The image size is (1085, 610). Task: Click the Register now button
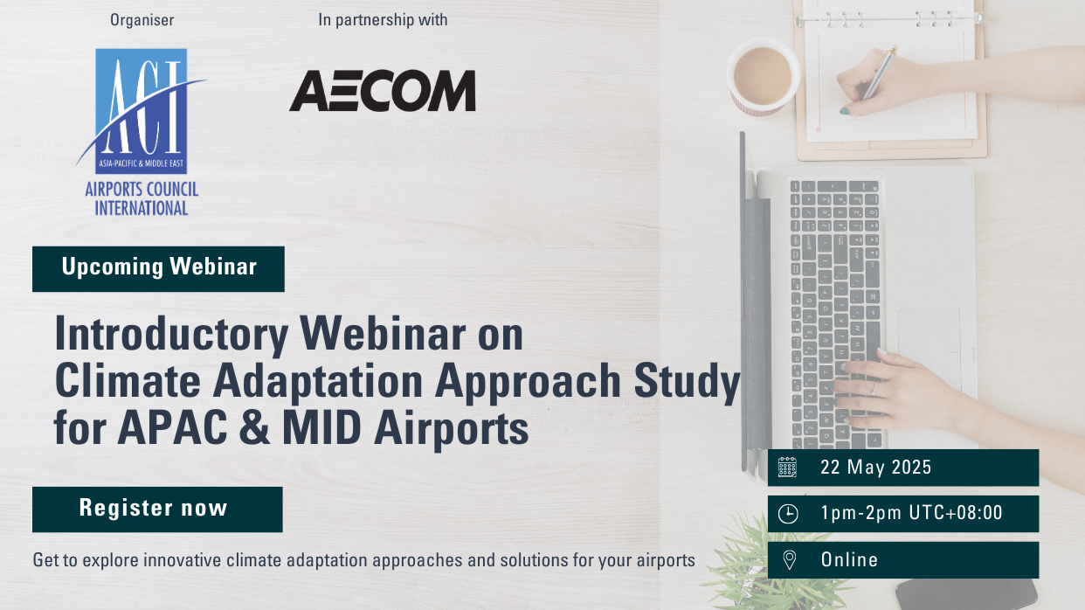click(x=157, y=509)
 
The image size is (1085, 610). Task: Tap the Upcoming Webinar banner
click(x=158, y=269)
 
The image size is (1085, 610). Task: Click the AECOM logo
click(x=383, y=91)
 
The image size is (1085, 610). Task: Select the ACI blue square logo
click(x=141, y=111)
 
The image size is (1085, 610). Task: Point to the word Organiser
click(x=142, y=20)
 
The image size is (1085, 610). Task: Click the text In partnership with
click(x=383, y=20)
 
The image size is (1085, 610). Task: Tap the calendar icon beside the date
click(x=788, y=467)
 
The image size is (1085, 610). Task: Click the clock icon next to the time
click(x=788, y=514)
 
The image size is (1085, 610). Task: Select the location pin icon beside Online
click(x=790, y=560)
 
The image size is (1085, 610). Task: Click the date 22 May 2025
click(x=875, y=467)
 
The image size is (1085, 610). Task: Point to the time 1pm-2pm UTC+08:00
click(x=912, y=513)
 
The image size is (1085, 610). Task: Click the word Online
click(x=849, y=559)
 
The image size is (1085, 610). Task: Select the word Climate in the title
click(x=128, y=380)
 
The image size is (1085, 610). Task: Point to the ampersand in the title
click(x=255, y=427)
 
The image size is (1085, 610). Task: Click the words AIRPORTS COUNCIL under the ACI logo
click(x=142, y=190)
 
